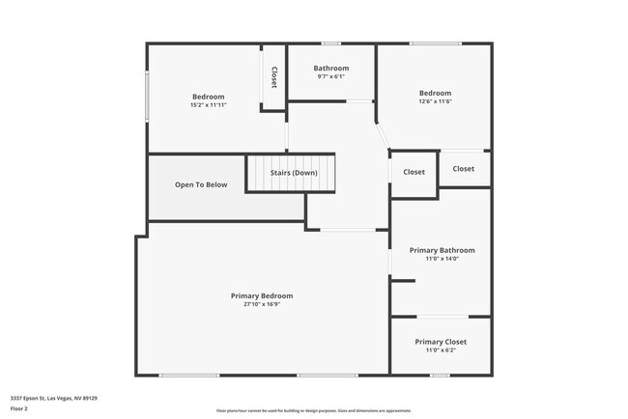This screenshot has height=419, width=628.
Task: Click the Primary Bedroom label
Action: point(261,295)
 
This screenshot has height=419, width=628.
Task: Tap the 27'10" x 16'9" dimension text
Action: point(261,304)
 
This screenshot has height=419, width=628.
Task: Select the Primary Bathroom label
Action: point(442,250)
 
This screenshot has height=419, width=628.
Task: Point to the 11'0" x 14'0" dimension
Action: point(442,259)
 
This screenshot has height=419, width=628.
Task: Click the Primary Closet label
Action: point(442,342)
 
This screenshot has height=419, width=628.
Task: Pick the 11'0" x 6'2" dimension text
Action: point(442,350)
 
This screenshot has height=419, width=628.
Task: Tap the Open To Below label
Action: point(201,184)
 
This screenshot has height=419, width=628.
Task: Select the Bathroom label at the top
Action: point(331,69)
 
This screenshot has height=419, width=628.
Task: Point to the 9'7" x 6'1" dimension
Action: point(331,77)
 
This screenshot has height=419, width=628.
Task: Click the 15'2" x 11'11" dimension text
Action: point(208,105)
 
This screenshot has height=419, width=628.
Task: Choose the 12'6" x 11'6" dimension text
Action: point(435,101)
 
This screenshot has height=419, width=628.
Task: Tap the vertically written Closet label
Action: point(274,77)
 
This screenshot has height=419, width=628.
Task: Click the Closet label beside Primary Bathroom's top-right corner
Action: point(464,168)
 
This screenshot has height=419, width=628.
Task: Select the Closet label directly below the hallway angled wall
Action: point(414,172)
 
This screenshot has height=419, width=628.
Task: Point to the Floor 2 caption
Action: point(19,408)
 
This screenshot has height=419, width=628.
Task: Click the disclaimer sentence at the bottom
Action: point(314,410)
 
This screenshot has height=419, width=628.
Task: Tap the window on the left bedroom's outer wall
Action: point(147,96)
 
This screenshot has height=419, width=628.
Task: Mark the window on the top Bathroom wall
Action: point(331,42)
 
